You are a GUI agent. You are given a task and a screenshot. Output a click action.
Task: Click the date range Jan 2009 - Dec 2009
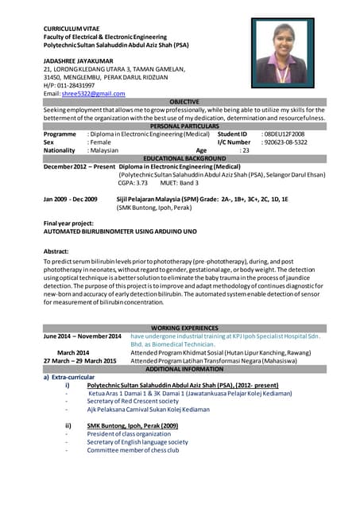(x=71, y=199)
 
